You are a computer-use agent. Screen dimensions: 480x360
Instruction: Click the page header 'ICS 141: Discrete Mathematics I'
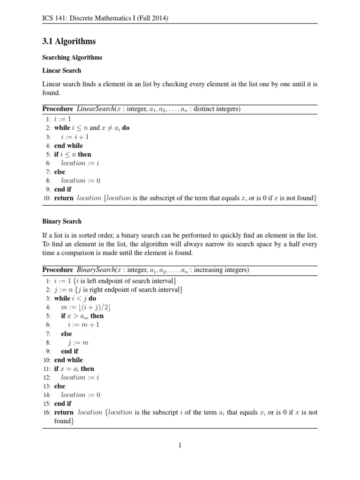coord(105,18)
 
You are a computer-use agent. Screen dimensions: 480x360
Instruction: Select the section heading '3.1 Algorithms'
coord(69,41)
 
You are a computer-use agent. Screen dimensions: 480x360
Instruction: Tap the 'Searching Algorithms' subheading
coord(72,57)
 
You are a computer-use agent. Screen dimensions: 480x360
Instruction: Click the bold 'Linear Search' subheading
coord(61,70)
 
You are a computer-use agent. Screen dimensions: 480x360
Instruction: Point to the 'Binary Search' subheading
coord(62,221)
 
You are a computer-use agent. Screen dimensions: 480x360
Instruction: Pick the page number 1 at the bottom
coord(180,445)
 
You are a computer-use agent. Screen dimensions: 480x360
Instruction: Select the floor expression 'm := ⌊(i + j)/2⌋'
coord(86,307)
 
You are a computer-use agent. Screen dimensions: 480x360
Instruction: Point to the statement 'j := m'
coord(78,343)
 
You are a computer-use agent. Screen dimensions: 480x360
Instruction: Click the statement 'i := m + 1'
coord(83,324)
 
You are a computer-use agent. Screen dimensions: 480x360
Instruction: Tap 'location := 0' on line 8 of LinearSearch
coord(81,180)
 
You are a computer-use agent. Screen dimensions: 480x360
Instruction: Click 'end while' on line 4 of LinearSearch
coord(68,146)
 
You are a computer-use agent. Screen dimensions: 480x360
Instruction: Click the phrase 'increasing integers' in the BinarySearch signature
coord(220,270)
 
